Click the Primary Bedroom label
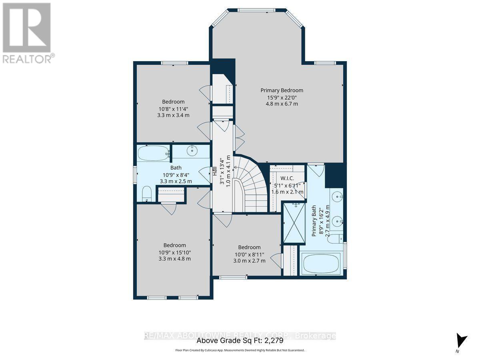click(x=282, y=90)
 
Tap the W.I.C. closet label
click(x=287, y=178)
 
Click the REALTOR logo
click(x=27, y=32)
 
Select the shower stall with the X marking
click(x=294, y=223)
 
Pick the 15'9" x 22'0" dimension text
click(x=282, y=97)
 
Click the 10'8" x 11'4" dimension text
click(x=173, y=108)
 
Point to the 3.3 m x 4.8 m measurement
click(x=174, y=258)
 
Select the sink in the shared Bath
click(x=193, y=150)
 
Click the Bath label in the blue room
click(x=176, y=168)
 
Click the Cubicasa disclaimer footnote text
click(x=240, y=350)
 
